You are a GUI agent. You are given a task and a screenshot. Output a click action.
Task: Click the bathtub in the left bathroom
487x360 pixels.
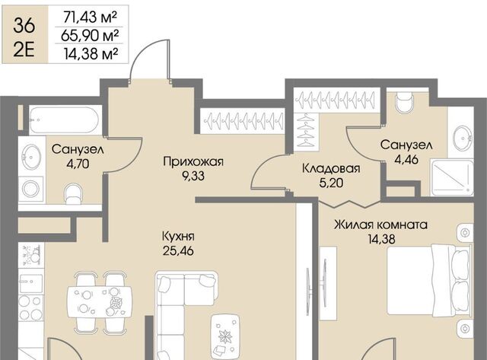click(65, 120)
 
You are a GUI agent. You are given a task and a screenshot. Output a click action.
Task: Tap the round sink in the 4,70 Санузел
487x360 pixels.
click(31, 157)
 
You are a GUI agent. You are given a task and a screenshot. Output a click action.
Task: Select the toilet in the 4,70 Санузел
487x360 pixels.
click(74, 194)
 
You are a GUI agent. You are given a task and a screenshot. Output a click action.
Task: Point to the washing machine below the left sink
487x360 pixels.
click(30, 189)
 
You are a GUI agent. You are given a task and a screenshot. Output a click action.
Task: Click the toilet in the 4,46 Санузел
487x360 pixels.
click(403, 102)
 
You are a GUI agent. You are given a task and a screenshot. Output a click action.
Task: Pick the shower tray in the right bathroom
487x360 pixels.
click(452, 177)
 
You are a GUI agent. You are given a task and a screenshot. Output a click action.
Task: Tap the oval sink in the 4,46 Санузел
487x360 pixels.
click(463, 138)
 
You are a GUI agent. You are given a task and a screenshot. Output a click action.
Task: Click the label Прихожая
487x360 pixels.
click(193, 162)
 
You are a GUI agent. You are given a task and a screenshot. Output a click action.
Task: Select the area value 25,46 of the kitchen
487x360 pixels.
click(178, 250)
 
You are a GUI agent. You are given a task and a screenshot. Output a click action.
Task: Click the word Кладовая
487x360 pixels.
click(331, 169)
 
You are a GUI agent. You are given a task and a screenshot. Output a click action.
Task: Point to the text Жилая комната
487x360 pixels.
click(380, 225)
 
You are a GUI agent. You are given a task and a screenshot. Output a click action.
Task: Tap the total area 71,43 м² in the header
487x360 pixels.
click(90, 17)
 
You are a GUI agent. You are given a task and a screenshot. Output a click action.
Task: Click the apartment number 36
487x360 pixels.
click(24, 25)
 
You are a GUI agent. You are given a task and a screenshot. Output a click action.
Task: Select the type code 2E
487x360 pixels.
click(24, 50)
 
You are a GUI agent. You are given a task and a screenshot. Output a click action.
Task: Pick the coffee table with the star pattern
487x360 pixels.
click(225, 336)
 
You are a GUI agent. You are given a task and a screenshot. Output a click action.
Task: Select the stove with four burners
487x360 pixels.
click(30, 308)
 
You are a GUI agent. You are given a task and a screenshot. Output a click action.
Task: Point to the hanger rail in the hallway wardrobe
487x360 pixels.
click(242, 120)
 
